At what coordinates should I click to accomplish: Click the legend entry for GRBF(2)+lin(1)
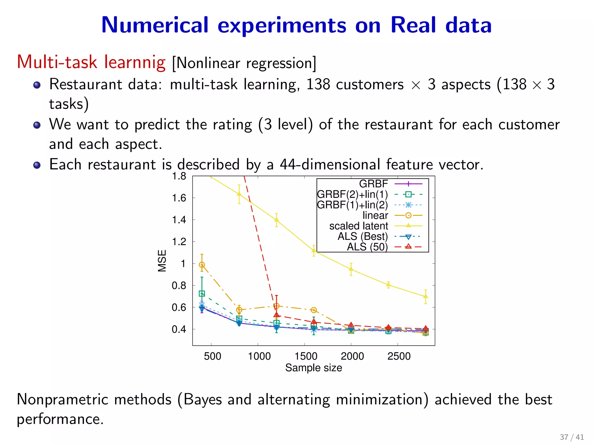(352, 194)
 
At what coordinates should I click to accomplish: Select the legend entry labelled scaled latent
(358, 226)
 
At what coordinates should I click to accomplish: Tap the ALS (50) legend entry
(367, 247)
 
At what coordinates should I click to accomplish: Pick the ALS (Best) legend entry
(363, 236)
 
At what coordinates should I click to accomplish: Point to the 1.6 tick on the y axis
(179, 198)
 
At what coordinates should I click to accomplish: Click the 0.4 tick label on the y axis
(179, 329)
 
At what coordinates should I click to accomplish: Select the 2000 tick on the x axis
(352, 356)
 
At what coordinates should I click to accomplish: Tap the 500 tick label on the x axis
(212, 356)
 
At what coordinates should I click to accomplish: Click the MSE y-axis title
(162, 261)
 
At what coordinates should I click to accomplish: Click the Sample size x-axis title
(314, 368)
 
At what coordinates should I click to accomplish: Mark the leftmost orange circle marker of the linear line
(202, 265)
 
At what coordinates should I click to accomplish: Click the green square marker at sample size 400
(202, 293)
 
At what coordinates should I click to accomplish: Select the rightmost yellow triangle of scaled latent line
(426, 296)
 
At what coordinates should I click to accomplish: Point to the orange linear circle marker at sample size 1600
(314, 310)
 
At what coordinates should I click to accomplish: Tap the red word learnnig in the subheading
(135, 62)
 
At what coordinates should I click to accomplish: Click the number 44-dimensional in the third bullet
(330, 165)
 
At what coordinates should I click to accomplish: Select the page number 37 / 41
(572, 437)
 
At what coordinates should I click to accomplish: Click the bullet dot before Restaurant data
(37, 85)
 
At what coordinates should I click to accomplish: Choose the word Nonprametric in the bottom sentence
(94, 400)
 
